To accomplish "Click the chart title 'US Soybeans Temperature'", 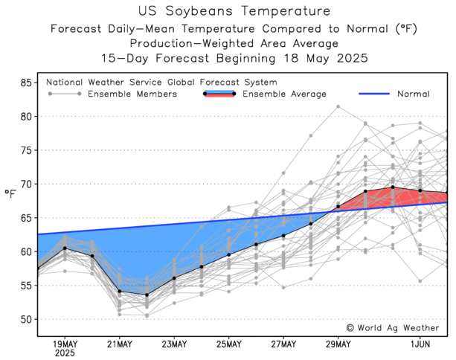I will point(228,11).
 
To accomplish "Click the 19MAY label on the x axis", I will point(65,344).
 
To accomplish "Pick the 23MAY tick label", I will point(174,344).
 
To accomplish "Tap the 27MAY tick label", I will point(283,344).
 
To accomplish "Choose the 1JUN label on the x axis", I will point(420,344).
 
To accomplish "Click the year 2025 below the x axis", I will point(65,354).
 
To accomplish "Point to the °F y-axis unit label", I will point(10,195).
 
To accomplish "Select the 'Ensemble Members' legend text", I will point(132,94).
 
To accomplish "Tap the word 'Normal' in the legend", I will point(413,94).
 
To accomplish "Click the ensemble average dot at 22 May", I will point(147,295).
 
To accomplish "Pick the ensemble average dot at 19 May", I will point(65,248).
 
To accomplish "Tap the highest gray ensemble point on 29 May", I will point(338,106).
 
